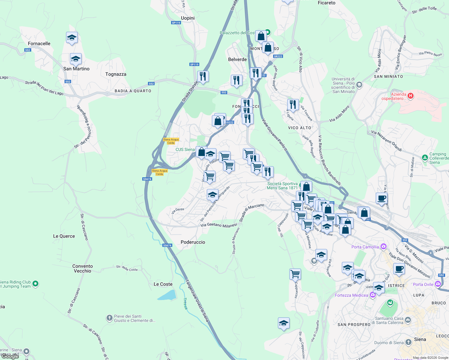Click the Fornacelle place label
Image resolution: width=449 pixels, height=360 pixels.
(39, 43)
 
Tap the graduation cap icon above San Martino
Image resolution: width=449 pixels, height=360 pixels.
(76, 59)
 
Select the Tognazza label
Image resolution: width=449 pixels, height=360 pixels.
(116, 74)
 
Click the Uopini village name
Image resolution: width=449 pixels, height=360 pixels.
(188, 18)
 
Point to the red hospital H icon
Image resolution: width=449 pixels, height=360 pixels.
(411, 96)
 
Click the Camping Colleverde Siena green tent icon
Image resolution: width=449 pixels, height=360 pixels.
(425, 157)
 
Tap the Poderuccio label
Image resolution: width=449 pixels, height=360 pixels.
(193, 242)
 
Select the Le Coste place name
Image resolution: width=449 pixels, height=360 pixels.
(163, 284)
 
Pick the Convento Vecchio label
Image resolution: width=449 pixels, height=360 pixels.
(83, 268)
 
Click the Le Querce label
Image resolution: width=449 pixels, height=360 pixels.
(64, 236)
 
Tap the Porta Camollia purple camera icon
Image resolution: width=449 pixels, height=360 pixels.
(383, 247)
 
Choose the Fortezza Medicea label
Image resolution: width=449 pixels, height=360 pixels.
(351, 295)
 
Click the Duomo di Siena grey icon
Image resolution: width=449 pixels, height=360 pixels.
(408, 342)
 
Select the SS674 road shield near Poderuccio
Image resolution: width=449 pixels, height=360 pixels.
(167, 245)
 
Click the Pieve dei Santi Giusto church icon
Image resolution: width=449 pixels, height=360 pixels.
(109, 318)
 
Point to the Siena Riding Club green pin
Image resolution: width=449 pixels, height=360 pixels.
(35, 283)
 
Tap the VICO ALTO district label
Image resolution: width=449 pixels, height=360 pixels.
(300, 128)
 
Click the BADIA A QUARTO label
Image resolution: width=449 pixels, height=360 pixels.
(133, 91)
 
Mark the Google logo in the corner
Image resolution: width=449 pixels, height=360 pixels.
(10, 356)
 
